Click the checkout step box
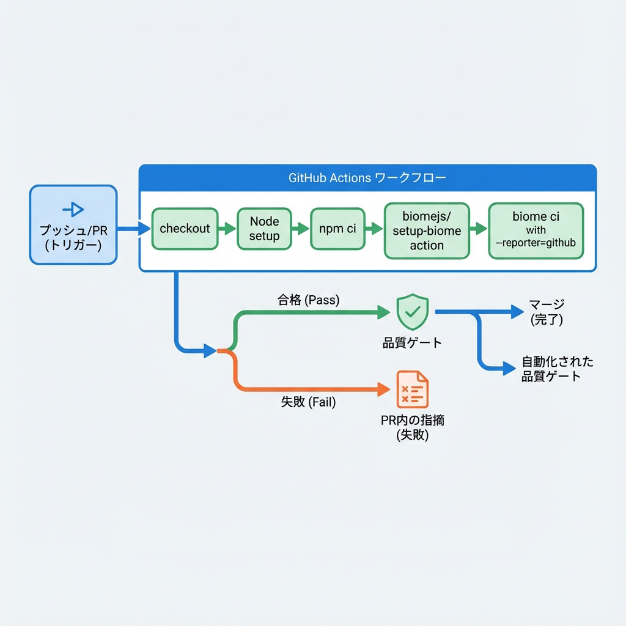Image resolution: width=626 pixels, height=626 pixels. [185, 229]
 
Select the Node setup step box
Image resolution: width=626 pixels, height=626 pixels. [264, 229]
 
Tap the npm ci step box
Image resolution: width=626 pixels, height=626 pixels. [337, 229]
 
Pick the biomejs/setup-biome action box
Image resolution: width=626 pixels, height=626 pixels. [427, 230]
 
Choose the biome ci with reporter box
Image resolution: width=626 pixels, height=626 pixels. [536, 230]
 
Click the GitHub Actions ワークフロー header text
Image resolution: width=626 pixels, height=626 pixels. [367, 178]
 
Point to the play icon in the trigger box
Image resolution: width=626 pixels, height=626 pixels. [73, 210]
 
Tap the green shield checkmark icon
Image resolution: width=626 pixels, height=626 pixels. [413, 311]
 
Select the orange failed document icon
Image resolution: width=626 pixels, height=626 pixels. [413, 389]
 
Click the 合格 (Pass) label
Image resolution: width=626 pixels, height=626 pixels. [309, 300]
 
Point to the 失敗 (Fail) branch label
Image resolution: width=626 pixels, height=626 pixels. [308, 402]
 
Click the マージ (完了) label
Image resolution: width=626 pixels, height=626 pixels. [547, 311]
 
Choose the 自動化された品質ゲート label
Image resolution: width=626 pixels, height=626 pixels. [557, 368]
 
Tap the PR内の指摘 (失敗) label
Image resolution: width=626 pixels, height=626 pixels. [413, 427]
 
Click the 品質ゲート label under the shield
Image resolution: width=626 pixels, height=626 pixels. [412, 342]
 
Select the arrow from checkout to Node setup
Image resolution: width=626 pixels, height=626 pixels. [226, 229]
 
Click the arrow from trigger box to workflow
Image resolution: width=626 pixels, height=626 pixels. [133, 229]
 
